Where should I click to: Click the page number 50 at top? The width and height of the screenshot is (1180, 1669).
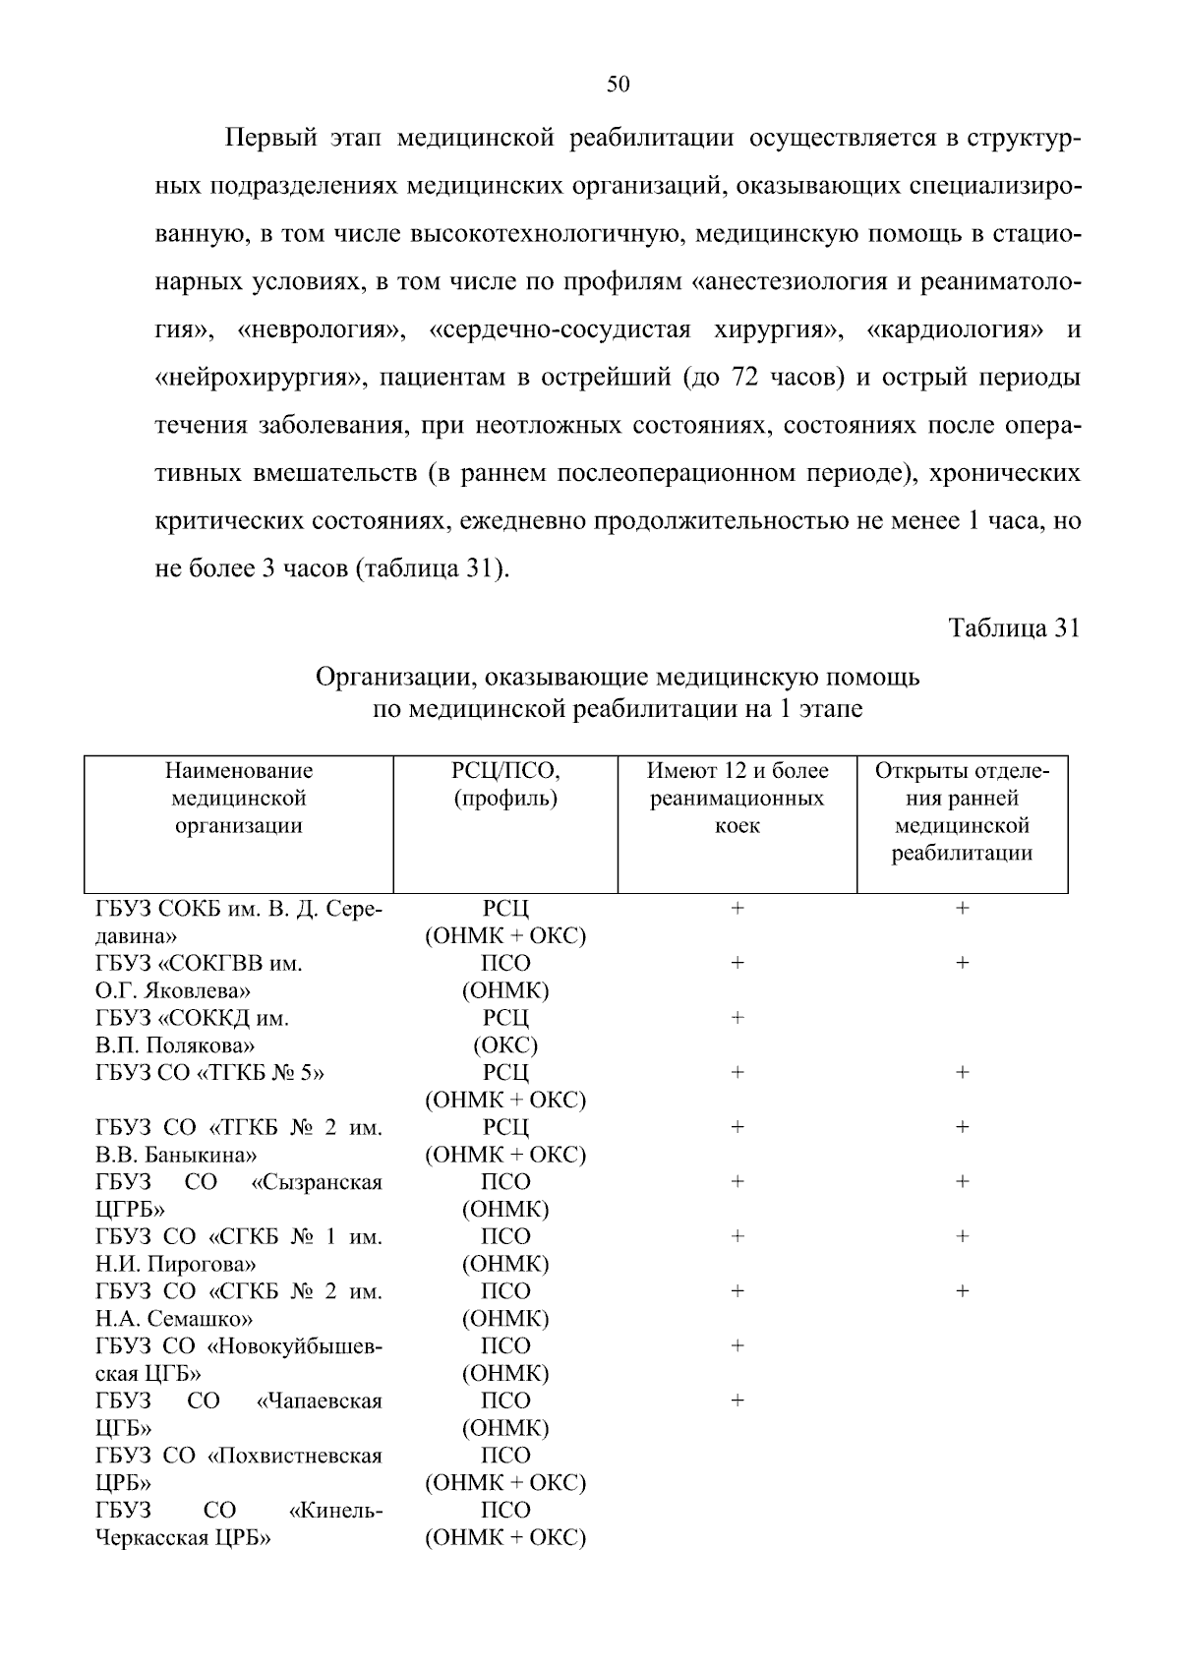click(x=618, y=85)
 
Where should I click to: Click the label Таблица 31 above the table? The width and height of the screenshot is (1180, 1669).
click(x=1013, y=628)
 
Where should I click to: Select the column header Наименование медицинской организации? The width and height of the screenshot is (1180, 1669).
click(x=239, y=798)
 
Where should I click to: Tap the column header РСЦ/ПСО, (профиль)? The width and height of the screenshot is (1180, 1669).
click(x=505, y=784)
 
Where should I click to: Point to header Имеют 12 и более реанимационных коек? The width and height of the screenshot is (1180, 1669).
click(x=737, y=798)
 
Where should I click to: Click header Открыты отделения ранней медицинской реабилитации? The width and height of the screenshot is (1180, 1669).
click(x=962, y=811)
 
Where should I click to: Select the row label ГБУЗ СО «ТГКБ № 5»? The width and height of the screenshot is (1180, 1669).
click(x=209, y=1073)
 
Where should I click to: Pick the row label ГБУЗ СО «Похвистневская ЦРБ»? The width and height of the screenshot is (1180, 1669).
click(x=238, y=1468)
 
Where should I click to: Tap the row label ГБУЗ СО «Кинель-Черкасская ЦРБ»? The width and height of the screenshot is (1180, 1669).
click(x=238, y=1523)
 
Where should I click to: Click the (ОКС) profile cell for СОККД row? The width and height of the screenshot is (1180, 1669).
click(x=505, y=1044)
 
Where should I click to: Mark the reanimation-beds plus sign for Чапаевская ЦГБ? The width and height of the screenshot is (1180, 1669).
click(x=737, y=1400)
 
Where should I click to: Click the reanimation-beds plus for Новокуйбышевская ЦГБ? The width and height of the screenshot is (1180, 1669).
click(x=737, y=1345)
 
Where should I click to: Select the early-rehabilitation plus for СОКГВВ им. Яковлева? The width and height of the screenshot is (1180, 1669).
click(x=962, y=963)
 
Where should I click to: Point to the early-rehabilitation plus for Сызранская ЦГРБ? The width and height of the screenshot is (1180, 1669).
click(x=962, y=1181)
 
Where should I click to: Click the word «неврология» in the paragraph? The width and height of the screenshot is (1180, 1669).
click(x=321, y=329)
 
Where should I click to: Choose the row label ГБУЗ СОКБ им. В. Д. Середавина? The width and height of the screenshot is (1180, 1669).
click(x=238, y=922)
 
